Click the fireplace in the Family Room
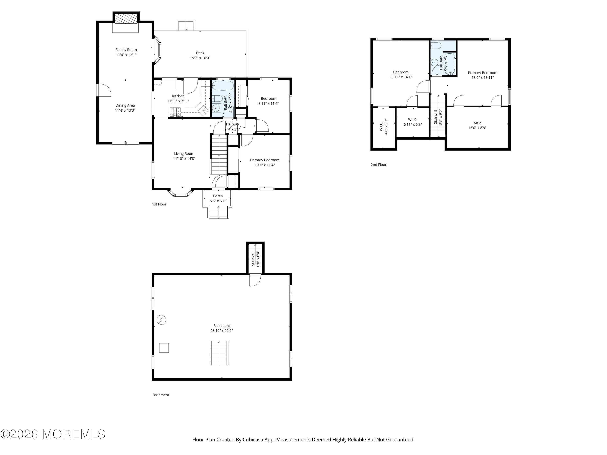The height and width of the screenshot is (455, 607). click(x=126, y=19)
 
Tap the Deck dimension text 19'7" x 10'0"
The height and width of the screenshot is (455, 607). click(x=200, y=58)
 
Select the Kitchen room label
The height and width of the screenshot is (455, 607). click(x=178, y=96)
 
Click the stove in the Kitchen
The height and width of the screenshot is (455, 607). click(x=175, y=112)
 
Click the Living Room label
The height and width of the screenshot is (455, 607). click(x=184, y=153)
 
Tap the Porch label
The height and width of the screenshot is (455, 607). click(x=218, y=196)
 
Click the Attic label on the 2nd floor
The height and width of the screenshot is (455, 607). click(x=477, y=123)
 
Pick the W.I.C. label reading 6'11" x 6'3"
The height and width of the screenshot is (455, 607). click(x=413, y=122)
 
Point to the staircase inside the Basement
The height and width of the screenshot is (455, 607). click(x=219, y=353)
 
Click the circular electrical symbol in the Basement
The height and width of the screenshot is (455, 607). click(x=161, y=320)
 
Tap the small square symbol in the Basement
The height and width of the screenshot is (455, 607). click(x=164, y=348)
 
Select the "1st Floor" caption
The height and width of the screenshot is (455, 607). click(x=159, y=204)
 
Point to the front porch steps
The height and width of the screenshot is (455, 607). click(x=218, y=212)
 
